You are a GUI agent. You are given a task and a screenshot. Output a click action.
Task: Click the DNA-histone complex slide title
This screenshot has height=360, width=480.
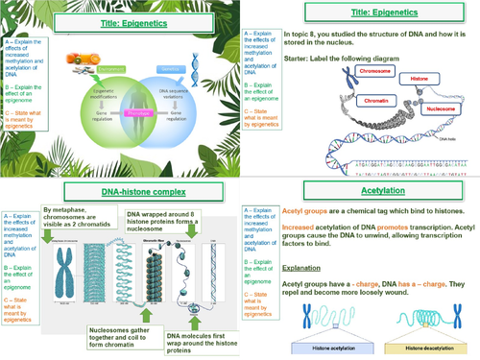coord(120,195)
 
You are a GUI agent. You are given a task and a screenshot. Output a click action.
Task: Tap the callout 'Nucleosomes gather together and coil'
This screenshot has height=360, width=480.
coord(116,331)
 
